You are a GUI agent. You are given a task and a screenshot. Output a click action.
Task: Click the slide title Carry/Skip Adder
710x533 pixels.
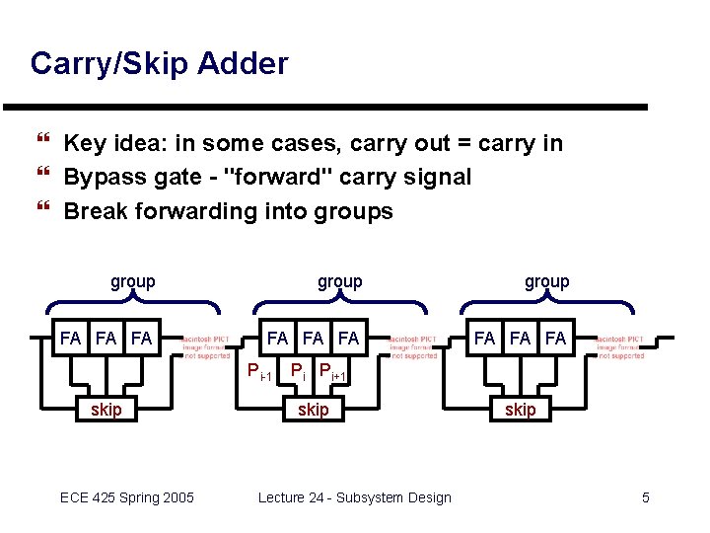[159, 64]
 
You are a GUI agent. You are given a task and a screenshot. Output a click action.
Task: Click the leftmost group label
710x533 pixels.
[132, 281]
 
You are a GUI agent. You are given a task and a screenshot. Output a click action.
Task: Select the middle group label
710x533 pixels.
[339, 281]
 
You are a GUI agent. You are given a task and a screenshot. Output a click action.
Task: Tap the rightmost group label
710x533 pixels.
[546, 281]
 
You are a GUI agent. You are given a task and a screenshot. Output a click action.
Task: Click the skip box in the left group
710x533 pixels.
[106, 410]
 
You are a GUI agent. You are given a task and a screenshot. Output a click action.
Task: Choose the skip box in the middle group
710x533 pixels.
[314, 410]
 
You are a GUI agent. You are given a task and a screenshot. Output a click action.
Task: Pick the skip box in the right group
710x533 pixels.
[521, 410]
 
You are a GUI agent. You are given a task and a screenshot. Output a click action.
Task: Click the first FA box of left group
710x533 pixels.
[70, 339]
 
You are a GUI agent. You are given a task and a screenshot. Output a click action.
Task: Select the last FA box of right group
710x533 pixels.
[555, 339]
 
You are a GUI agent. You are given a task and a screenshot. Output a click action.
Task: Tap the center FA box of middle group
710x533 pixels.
[313, 339]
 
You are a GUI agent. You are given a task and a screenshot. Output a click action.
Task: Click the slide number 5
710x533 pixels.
[646, 497]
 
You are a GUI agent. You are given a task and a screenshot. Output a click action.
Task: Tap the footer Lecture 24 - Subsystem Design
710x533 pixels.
[354, 497]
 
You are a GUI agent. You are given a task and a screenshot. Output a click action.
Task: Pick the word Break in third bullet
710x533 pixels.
[95, 211]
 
